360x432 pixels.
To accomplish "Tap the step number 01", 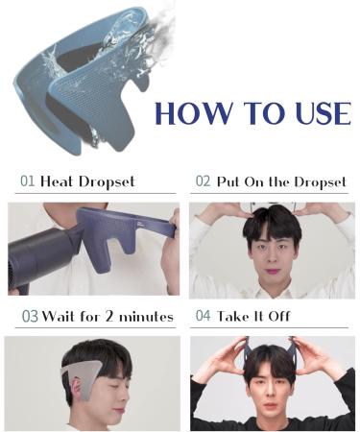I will tap(28, 181).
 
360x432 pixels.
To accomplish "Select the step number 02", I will tap(203, 180).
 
